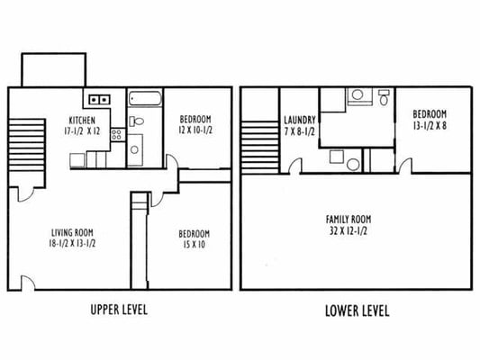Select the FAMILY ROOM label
[348, 219]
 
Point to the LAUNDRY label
[298, 120]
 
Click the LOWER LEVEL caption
[357, 311]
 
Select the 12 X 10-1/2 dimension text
[195, 130]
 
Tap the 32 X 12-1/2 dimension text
[348, 230]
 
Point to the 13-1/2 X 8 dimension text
[429, 125]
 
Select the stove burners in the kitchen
[116, 134]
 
